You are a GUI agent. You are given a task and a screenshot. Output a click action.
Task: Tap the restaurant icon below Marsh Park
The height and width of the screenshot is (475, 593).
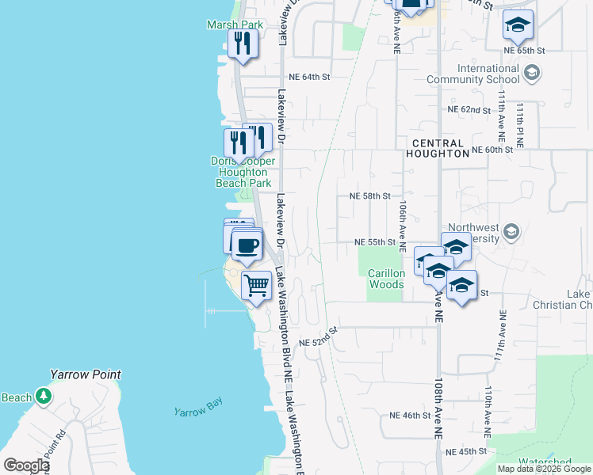[x=243, y=43]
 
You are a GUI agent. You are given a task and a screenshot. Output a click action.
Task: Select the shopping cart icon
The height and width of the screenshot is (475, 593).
[x=256, y=285]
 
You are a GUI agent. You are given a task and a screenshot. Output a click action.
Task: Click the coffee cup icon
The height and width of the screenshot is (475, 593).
[x=247, y=245]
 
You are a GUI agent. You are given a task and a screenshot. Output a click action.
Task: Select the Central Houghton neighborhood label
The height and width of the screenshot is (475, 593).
[x=439, y=147]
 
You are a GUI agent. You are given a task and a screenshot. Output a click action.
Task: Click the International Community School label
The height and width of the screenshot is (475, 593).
[x=472, y=74]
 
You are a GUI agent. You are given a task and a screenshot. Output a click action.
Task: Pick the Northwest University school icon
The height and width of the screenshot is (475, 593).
[x=511, y=232]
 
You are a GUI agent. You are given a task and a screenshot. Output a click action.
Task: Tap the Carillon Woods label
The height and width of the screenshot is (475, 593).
[x=386, y=279]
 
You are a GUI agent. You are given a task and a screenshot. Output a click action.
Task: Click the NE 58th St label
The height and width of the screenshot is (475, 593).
[x=370, y=196]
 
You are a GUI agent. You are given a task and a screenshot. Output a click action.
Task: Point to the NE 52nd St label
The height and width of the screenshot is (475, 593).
[x=319, y=338]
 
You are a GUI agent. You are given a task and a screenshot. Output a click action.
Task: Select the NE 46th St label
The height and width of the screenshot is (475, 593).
[x=410, y=415]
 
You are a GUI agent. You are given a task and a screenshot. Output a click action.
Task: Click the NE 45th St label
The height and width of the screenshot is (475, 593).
[x=466, y=451]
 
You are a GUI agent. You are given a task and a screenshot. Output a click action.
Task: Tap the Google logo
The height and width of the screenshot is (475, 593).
[x=25, y=465]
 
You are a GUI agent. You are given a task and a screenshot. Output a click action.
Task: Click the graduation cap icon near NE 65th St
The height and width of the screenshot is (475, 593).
[x=518, y=25]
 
